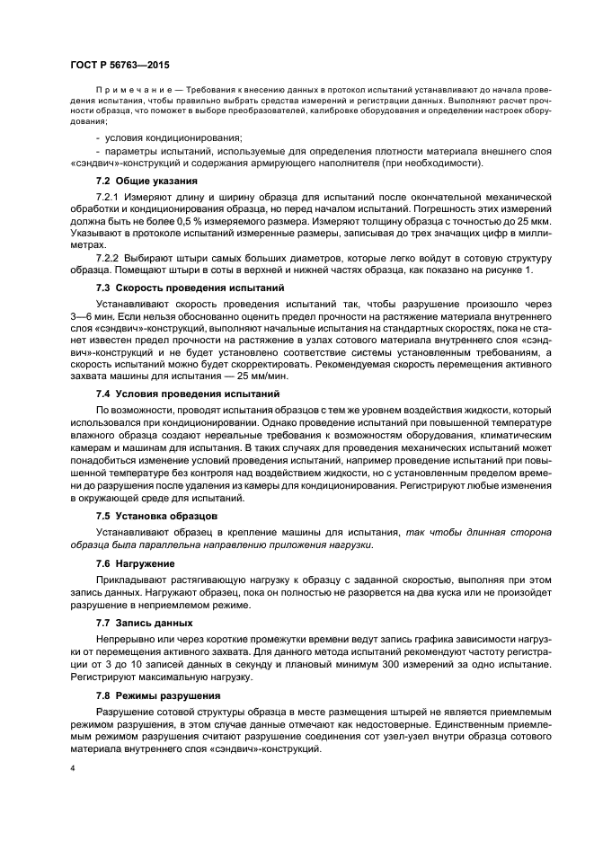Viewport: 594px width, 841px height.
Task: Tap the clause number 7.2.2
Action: [109, 258]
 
